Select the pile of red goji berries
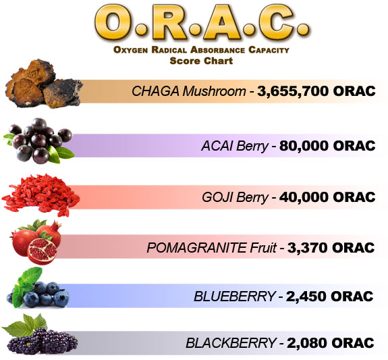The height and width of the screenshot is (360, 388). [x=40, y=194]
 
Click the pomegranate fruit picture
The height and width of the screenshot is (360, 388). [x=36, y=242]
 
